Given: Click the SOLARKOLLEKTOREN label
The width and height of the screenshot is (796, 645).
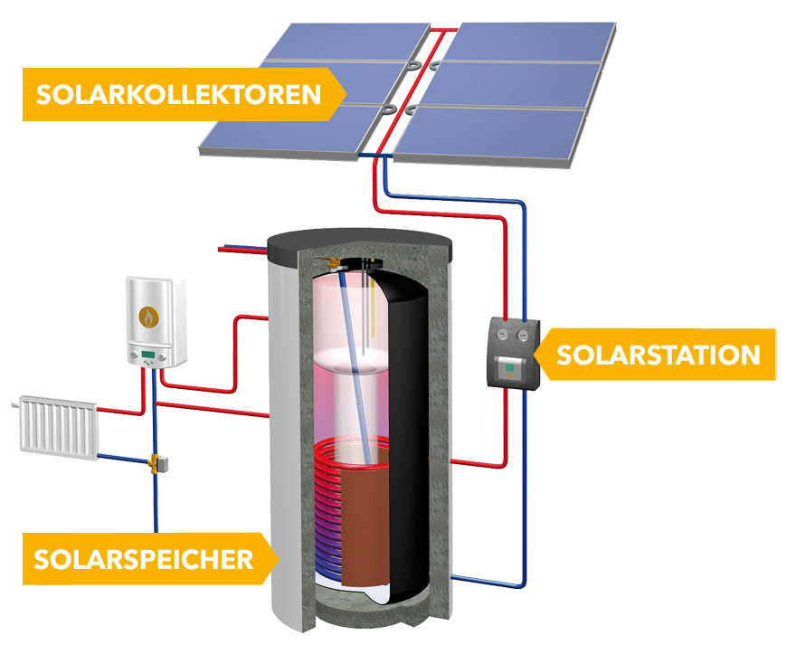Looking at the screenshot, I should (178, 94).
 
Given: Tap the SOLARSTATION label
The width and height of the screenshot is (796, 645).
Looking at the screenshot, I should (658, 355).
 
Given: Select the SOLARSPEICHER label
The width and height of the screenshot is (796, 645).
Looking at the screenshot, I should (144, 558).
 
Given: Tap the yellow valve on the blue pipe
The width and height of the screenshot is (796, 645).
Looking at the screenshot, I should (156, 462).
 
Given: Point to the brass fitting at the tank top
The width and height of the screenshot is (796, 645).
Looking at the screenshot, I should (336, 262).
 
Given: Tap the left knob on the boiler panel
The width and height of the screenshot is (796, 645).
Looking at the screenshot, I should (136, 363).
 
